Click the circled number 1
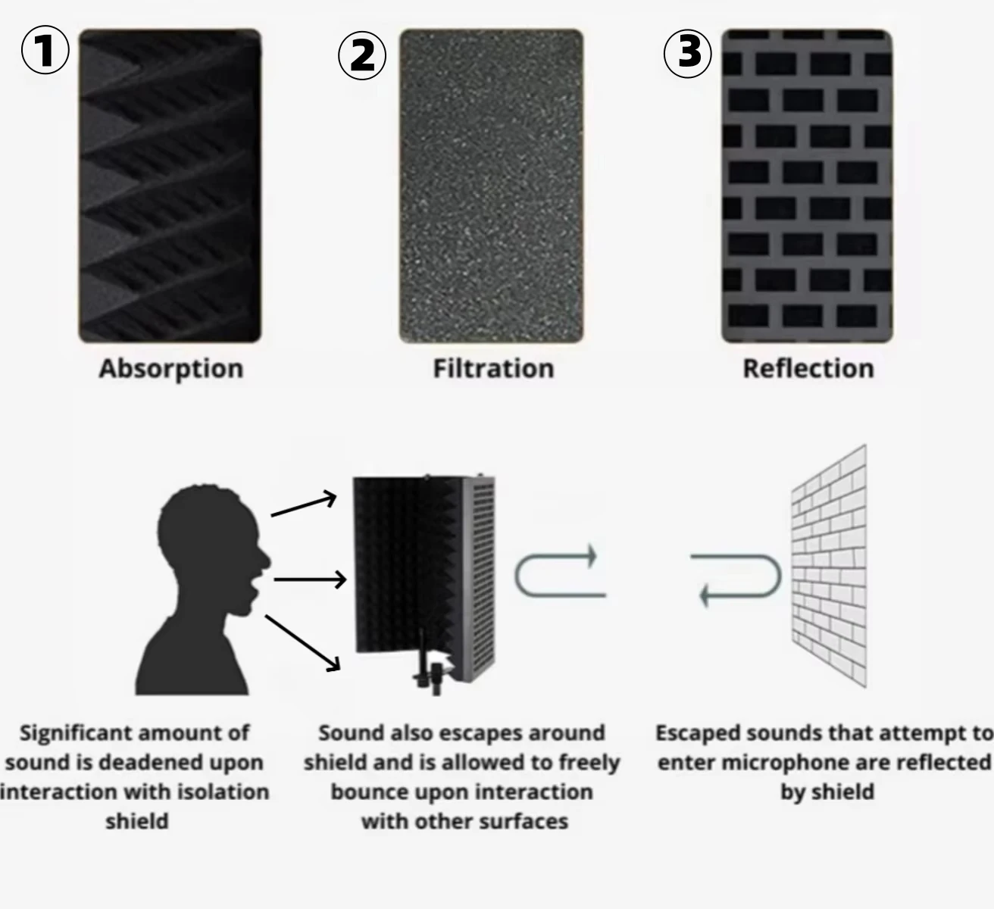(45, 51)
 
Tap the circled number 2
(361, 56)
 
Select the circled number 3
(688, 54)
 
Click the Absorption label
(171, 369)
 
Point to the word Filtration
(493, 369)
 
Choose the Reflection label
(808, 369)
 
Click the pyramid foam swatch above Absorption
(170, 186)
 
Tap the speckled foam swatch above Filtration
(491, 186)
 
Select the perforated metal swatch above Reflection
(807, 186)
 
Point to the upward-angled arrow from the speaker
(304, 504)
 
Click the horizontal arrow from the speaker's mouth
(310, 579)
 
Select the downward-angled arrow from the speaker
(303, 643)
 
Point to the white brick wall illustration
(829, 566)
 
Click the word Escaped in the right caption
(699, 733)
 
